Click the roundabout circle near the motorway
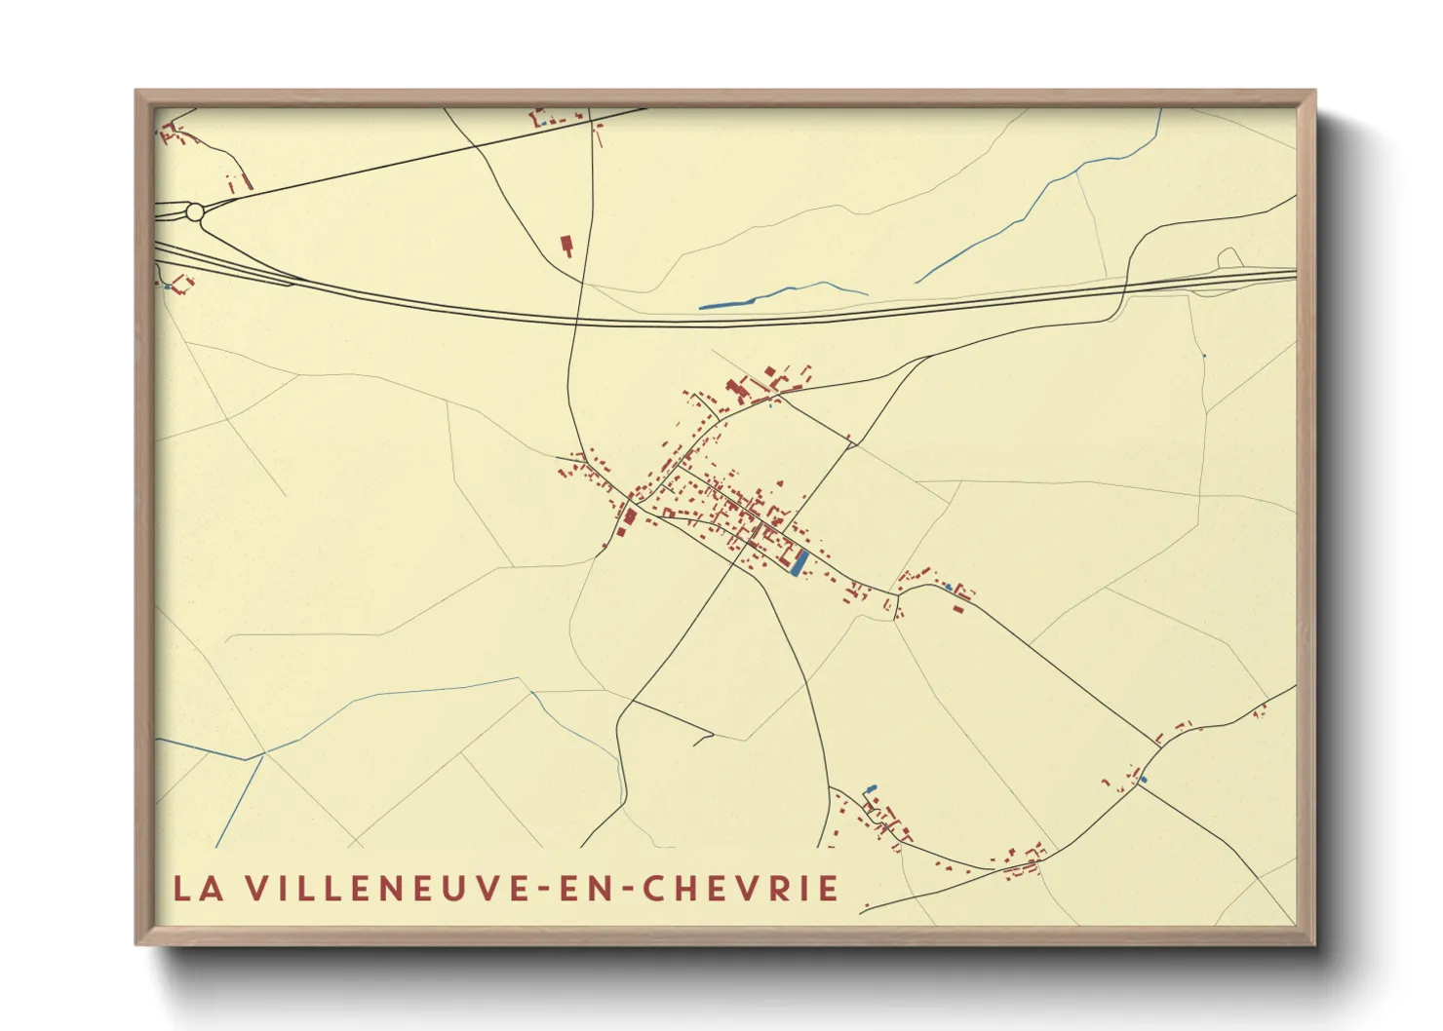(194, 211)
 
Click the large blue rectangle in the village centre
(800, 563)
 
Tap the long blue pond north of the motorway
(726, 305)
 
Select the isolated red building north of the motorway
(565, 245)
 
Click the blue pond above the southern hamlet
(871, 788)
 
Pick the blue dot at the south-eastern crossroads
(1144, 779)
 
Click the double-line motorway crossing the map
(877, 312)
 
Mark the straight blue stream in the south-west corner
(239, 799)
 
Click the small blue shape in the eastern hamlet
(949, 587)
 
